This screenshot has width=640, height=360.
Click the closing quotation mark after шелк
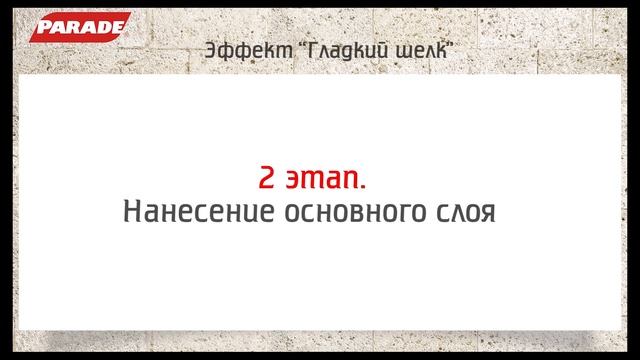pos(440,45)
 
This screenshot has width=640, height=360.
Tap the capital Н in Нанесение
pos(130,213)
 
